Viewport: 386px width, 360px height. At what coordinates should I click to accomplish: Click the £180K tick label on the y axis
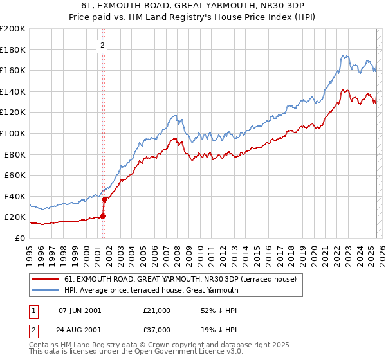tap(12, 50)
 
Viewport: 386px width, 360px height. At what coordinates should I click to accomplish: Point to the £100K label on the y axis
tap(12, 133)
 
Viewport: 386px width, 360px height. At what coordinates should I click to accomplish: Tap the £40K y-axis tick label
tap(15, 196)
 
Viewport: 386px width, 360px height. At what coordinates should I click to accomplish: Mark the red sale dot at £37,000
tap(104, 199)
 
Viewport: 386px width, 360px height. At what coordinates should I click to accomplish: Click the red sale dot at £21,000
tap(102, 216)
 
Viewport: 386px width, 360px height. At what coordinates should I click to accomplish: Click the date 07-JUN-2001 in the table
tap(80, 310)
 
